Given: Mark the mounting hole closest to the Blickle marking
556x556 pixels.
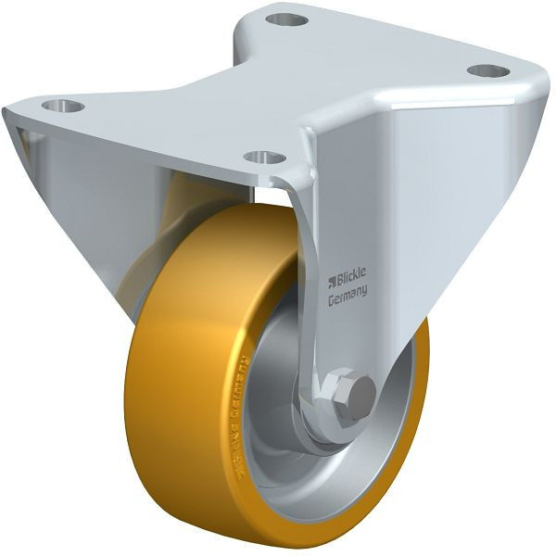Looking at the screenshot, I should point(264,157).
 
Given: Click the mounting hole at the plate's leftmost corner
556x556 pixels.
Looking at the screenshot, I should point(63,106).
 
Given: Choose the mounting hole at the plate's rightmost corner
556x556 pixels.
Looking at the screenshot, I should point(487,70).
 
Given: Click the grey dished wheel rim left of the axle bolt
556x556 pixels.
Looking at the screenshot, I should point(278,408).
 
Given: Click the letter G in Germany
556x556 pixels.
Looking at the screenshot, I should point(331,297).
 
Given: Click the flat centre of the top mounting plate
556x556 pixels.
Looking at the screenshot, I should point(278,83).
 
